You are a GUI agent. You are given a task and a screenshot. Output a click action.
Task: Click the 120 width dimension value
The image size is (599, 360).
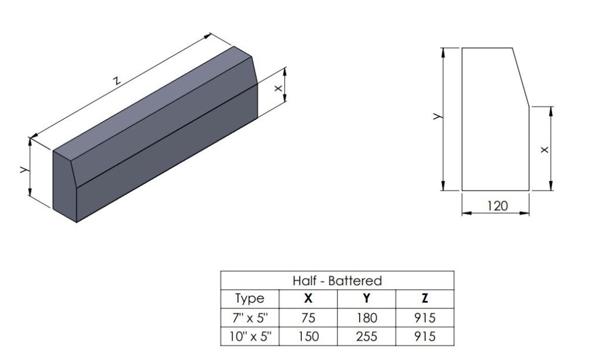point(497,206)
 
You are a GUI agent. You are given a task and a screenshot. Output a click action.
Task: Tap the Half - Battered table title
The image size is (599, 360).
point(338,281)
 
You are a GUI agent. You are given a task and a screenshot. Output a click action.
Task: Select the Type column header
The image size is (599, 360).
point(250,299)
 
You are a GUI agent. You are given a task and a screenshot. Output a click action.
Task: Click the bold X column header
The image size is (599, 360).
point(308,298)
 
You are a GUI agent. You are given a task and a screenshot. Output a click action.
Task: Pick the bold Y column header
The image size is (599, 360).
point(367,298)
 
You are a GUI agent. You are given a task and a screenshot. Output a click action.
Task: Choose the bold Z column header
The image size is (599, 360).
point(425,298)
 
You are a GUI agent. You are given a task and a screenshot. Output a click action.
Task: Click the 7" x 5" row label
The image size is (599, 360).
point(250,318)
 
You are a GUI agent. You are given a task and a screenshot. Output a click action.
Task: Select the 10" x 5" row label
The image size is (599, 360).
point(250,337)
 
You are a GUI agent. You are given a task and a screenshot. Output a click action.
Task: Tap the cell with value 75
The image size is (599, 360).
point(308,318)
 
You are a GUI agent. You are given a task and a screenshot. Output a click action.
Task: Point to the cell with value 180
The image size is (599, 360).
point(367,318)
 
